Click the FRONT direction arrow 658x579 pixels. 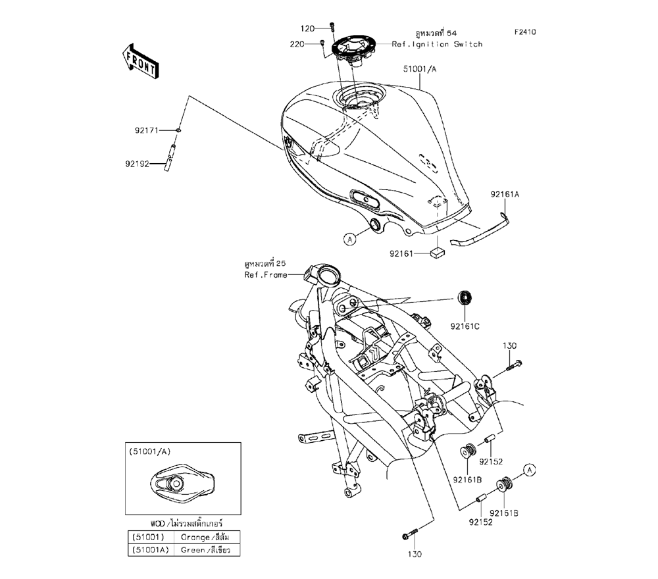tap(139, 60)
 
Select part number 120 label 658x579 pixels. tap(308, 28)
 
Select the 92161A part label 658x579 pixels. tap(505, 194)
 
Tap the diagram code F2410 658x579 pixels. tap(526, 31)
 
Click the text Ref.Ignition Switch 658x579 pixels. tap(437, 44)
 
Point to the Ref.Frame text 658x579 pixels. tap(266, 275)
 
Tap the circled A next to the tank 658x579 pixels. tap(350, 239)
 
